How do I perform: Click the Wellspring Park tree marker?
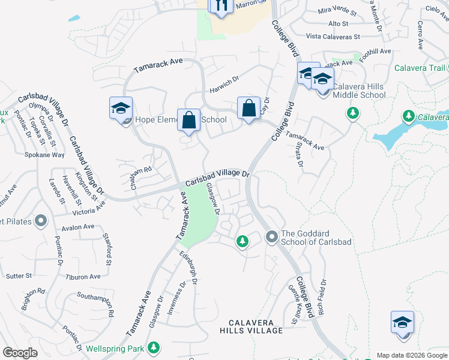[154, 347]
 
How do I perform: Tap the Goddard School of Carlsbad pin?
[272, 238]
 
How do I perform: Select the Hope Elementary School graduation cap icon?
[120, 109]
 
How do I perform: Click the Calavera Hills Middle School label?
[360, 90]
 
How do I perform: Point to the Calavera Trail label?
[420, 68]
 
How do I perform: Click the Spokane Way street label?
[44, 154]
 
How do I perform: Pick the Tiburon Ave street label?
[83, 277]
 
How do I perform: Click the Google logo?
[20, 353]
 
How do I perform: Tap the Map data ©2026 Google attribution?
[412, 355]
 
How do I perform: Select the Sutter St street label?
[20, 275]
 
